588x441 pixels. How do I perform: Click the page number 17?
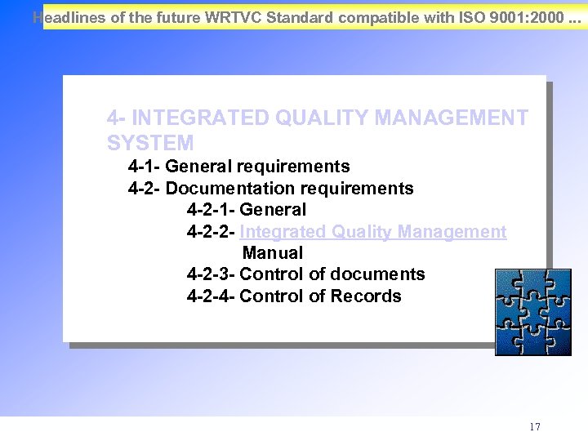[535, 427]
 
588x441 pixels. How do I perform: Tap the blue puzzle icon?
[533, 313]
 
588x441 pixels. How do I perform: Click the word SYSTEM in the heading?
[150, 143]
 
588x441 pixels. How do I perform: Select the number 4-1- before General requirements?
[145, 167]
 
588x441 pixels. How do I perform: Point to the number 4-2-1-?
[211, 210]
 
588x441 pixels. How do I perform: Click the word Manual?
[273, 253]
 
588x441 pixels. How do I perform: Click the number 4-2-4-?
[211, 296]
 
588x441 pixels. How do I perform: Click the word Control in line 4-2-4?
[271, 296]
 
